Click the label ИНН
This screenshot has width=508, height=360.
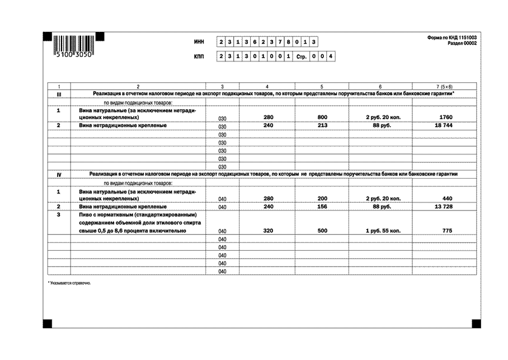(199, 42)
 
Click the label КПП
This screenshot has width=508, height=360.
(199, 57)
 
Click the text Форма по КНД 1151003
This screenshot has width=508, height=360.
(451, 38)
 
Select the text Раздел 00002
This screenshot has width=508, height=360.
(462, 44)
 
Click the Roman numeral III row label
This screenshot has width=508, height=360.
(59, 93)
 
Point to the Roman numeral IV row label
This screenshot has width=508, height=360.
(59, 174)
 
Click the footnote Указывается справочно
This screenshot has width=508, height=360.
(69, 283)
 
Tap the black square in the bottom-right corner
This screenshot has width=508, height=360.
(476, 323)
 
